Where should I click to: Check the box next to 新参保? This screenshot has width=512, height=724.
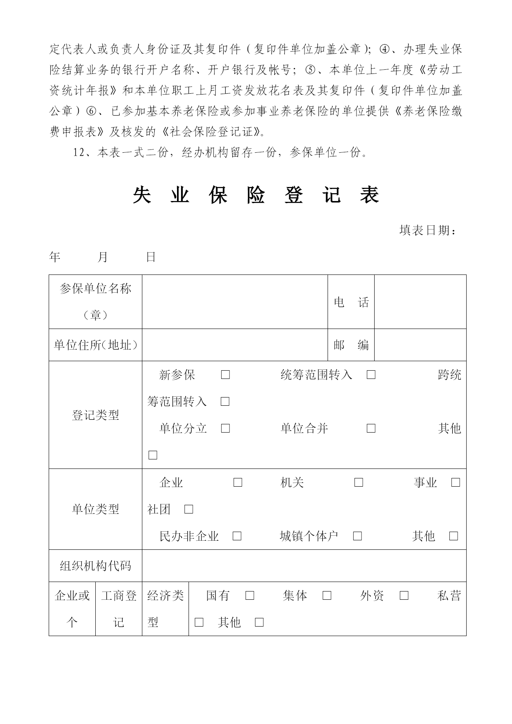click(x=225, y=375)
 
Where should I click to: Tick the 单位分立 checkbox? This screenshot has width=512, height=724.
click(x=225, y=428)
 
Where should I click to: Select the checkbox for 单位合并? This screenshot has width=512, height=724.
click(x=371, y=428)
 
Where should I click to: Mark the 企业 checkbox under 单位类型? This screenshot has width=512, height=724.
click(x=238, y=483)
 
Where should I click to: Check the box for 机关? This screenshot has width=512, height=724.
click(x=359, y=483)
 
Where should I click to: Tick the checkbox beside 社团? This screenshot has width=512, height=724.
click(x=189, y=509)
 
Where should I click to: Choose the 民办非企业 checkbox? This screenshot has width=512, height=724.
click(x=237, y=536)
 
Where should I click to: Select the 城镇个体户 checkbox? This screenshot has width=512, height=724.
click(x=358, y=536)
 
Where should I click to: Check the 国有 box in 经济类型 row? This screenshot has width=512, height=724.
click(x=250, y=596)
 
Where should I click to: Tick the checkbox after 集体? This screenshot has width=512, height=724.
click(x=327, y=596)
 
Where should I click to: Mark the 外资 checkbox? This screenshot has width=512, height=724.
click(x=404, y=596)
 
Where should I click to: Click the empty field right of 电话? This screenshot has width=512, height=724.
click(x=420, y=302)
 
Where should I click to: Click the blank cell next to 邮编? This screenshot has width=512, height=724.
click(x=420, y=345)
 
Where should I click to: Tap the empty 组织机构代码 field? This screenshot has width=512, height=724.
click(x=304, y=565)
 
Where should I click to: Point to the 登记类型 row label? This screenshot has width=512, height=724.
click(x=95, y=415)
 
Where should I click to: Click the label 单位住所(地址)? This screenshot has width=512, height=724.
click(x=95, y=345)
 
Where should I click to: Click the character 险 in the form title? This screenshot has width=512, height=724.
click(x=256, y=195)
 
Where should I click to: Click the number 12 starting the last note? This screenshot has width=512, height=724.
click(x=79, y=153)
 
